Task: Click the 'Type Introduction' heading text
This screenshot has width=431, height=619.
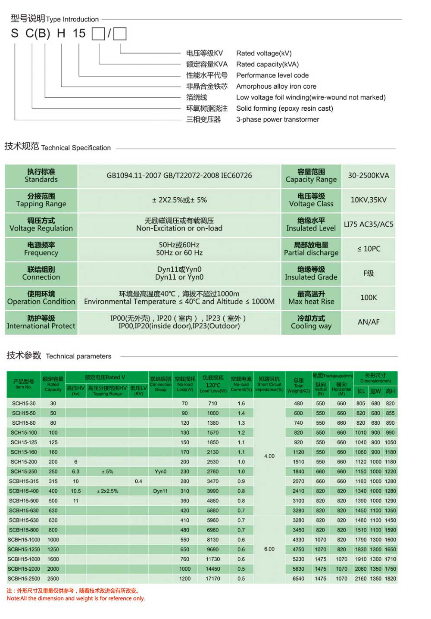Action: coord(72,19)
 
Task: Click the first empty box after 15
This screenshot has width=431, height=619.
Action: coord(98,34)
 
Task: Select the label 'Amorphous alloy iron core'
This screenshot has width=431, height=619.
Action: coord(276,86)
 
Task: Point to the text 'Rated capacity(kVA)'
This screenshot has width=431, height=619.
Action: coord(267,64)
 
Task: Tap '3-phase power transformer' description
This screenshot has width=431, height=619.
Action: coord(278,119)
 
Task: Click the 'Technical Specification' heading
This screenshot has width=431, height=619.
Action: coord(76,148)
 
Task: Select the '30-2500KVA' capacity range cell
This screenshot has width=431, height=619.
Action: coord(369,176)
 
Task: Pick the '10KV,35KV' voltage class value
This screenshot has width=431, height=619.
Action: coord(369,200)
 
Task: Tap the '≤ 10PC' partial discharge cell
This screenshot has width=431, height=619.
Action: coord(369,249)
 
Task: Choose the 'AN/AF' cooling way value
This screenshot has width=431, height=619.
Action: coord(369,322)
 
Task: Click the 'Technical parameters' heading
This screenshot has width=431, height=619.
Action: coord(78,356)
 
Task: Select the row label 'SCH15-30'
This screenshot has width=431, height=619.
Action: coord(24,404)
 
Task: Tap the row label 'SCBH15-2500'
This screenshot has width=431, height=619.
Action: coord(24,579)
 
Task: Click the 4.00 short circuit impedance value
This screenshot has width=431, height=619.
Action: coord(269,456)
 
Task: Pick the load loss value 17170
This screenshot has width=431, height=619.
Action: coord(213,579)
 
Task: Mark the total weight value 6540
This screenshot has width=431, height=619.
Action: coord(298,579)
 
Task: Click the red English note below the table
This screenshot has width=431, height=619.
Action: coord(76,598)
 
